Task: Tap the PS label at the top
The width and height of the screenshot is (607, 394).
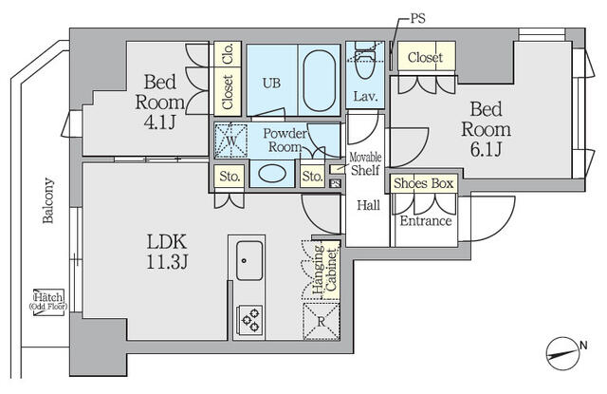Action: pos(418,18)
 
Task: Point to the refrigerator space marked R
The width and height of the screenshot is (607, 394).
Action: pos(321,321)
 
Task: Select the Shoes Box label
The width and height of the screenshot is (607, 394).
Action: pos(425,182)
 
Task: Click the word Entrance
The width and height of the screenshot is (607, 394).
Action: pos(425,222)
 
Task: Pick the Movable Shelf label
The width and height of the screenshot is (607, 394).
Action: pos(365,163)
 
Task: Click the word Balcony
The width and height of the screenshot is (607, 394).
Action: pos(46,200)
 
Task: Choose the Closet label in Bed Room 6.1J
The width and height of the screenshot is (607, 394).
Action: pos(425,58)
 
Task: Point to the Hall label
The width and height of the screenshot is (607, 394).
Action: pos(369,204)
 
